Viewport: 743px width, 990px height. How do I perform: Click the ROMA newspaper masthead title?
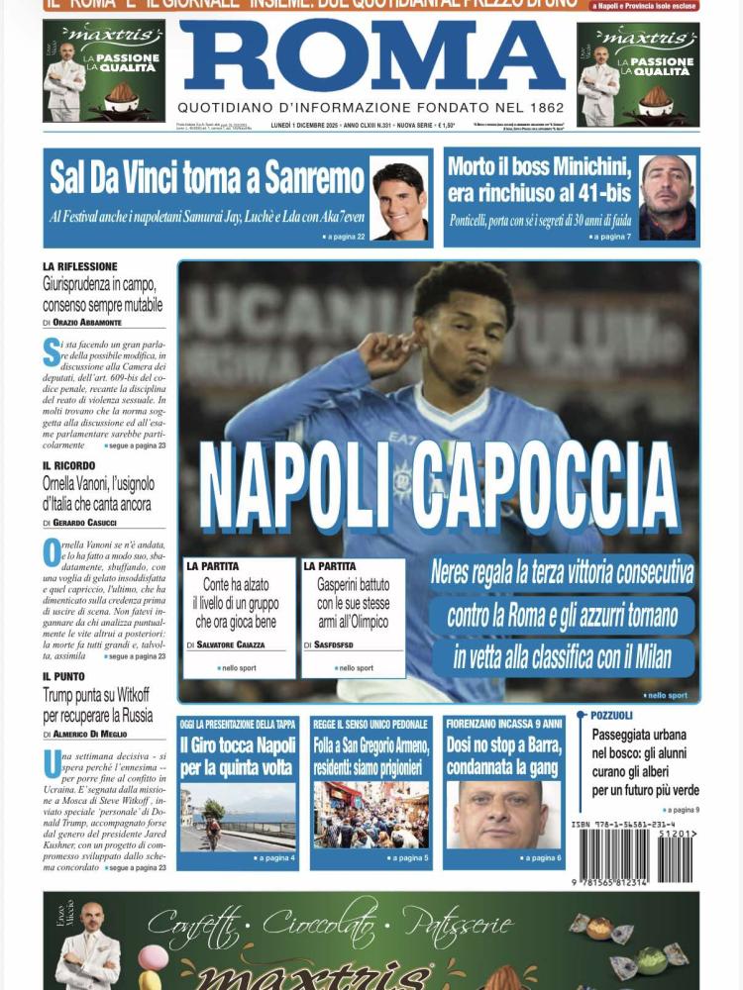(371, 56)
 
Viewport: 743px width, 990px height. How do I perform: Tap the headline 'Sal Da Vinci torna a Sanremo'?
(207, 179)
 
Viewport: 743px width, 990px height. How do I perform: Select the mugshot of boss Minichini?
(667, 198)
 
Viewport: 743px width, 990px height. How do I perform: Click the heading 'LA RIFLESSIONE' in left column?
(80, 266)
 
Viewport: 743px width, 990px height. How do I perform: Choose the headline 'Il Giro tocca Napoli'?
(237, 757)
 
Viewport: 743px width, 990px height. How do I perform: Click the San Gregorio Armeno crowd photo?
(371, 815)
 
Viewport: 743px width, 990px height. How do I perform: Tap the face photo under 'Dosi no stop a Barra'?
(502, 815)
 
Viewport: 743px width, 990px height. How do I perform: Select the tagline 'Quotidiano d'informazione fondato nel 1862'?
(371, 107)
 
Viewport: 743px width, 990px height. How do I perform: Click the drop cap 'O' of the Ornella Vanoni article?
(52, 552)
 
